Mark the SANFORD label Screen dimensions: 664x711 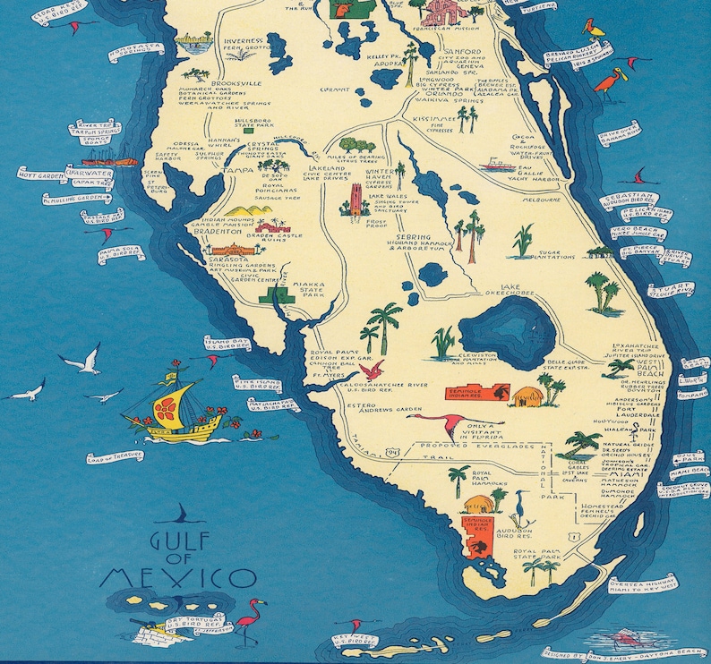[456, 53]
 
